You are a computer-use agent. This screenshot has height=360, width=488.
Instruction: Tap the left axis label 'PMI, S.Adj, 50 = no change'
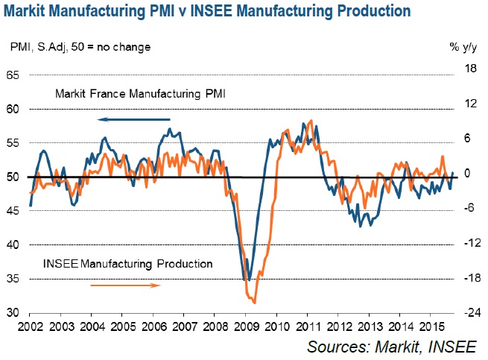tap(80, 47)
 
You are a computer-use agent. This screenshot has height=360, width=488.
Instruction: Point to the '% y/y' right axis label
tap(463, 47)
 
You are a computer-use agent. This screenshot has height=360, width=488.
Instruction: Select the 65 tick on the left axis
tap(13, 75)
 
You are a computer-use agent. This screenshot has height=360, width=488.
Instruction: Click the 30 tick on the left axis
tap(13, 312)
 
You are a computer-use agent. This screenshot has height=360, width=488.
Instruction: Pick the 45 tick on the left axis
tap(13, 211)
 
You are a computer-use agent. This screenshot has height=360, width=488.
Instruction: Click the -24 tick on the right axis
tap(469, 312)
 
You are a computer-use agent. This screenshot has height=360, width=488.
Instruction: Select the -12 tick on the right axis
tap(469, 244)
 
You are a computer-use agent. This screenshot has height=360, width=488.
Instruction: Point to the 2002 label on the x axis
tap(31, 326)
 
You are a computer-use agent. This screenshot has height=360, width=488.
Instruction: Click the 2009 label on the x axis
tap(245, 326)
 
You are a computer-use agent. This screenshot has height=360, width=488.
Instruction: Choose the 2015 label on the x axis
tap(428, 326)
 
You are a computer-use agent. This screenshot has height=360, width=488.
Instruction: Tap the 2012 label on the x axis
tap(337, 326)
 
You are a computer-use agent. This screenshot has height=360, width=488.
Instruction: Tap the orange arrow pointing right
tap(125, 285)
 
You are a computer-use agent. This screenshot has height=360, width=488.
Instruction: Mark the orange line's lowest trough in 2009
tap(255, 303)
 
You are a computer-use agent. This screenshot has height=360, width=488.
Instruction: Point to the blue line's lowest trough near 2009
tap(247, 280)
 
